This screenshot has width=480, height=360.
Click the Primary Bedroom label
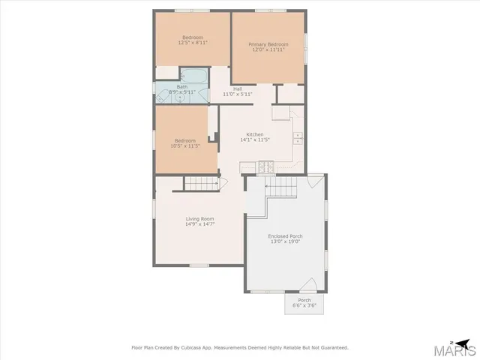268,45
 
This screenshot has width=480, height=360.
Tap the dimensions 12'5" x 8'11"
193,43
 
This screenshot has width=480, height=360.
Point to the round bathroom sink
181,97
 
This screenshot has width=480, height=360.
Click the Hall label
237,89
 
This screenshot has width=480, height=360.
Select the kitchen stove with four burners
265,167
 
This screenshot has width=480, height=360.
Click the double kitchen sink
298,137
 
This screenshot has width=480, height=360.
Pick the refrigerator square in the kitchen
280,113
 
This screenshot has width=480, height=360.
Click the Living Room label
200,218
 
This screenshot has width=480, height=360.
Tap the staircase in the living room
200,184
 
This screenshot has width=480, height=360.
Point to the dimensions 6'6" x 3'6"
304,305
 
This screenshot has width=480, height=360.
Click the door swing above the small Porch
307,285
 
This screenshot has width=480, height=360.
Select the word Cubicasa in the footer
201,347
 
